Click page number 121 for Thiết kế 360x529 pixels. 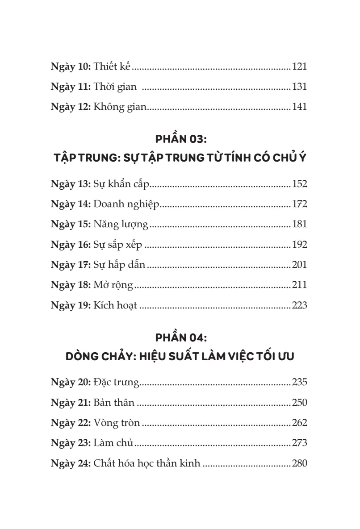(299, 67)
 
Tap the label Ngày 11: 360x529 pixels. (71, 87)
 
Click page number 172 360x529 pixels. (299, 204)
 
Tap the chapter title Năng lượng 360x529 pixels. (121, 225)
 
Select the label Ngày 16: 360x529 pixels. (71, 245)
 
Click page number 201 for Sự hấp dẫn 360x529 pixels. (299, 265)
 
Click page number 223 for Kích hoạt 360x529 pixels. (299, 306)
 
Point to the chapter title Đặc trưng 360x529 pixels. (117, 382)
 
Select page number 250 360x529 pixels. (299, 403)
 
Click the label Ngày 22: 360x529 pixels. (71, 423)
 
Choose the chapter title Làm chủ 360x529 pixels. (113, 443)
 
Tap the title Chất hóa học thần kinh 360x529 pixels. (147, 463)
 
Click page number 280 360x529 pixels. (299, 463)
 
